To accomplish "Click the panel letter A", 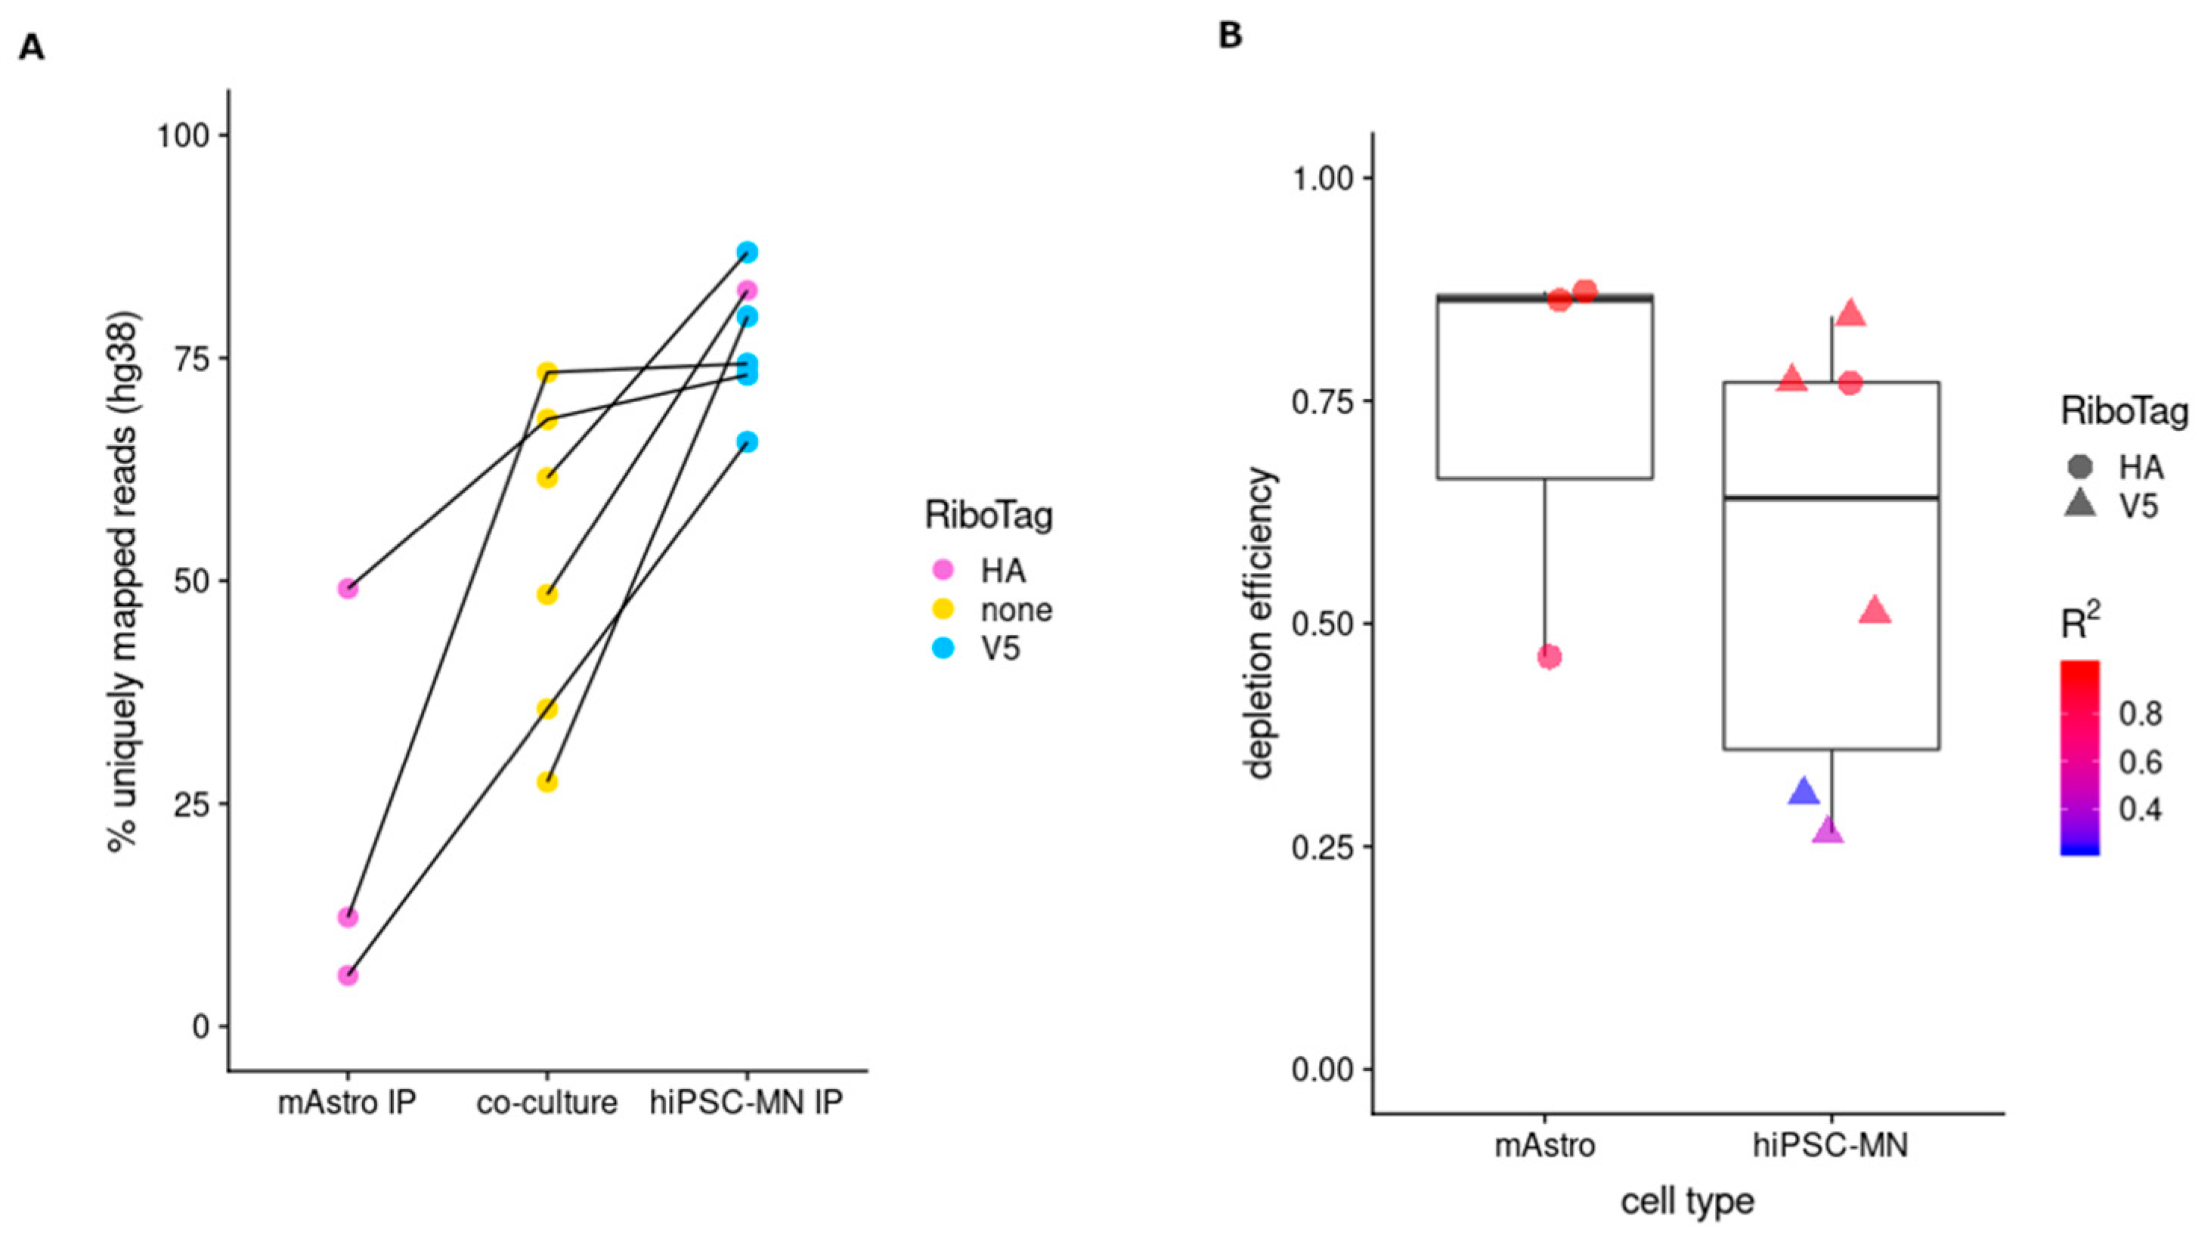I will click(32, 48).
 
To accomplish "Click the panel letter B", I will click(1230, 36).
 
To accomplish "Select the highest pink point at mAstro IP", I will click(347, 589).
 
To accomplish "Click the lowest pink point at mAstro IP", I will click(347, 975).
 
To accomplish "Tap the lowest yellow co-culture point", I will click(546, 781).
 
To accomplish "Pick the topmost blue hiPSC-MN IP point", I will click(748, 252).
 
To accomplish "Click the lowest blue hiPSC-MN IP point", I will click(748, 441).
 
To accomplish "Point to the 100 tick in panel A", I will click(182, 135).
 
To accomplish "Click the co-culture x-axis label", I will click(546, 1103).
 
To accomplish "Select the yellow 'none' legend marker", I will click(943, 609).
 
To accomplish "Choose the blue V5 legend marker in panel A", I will click(943, 648).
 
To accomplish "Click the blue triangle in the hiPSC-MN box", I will click(1803, 792).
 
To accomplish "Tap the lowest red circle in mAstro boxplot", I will click(1549, 657).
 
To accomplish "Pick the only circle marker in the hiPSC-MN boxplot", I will click(1850, 382).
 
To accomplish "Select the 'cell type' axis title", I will click(1688, 1201).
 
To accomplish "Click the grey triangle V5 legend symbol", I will click(2079, 506).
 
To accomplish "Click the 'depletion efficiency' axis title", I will click(1260, 623).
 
